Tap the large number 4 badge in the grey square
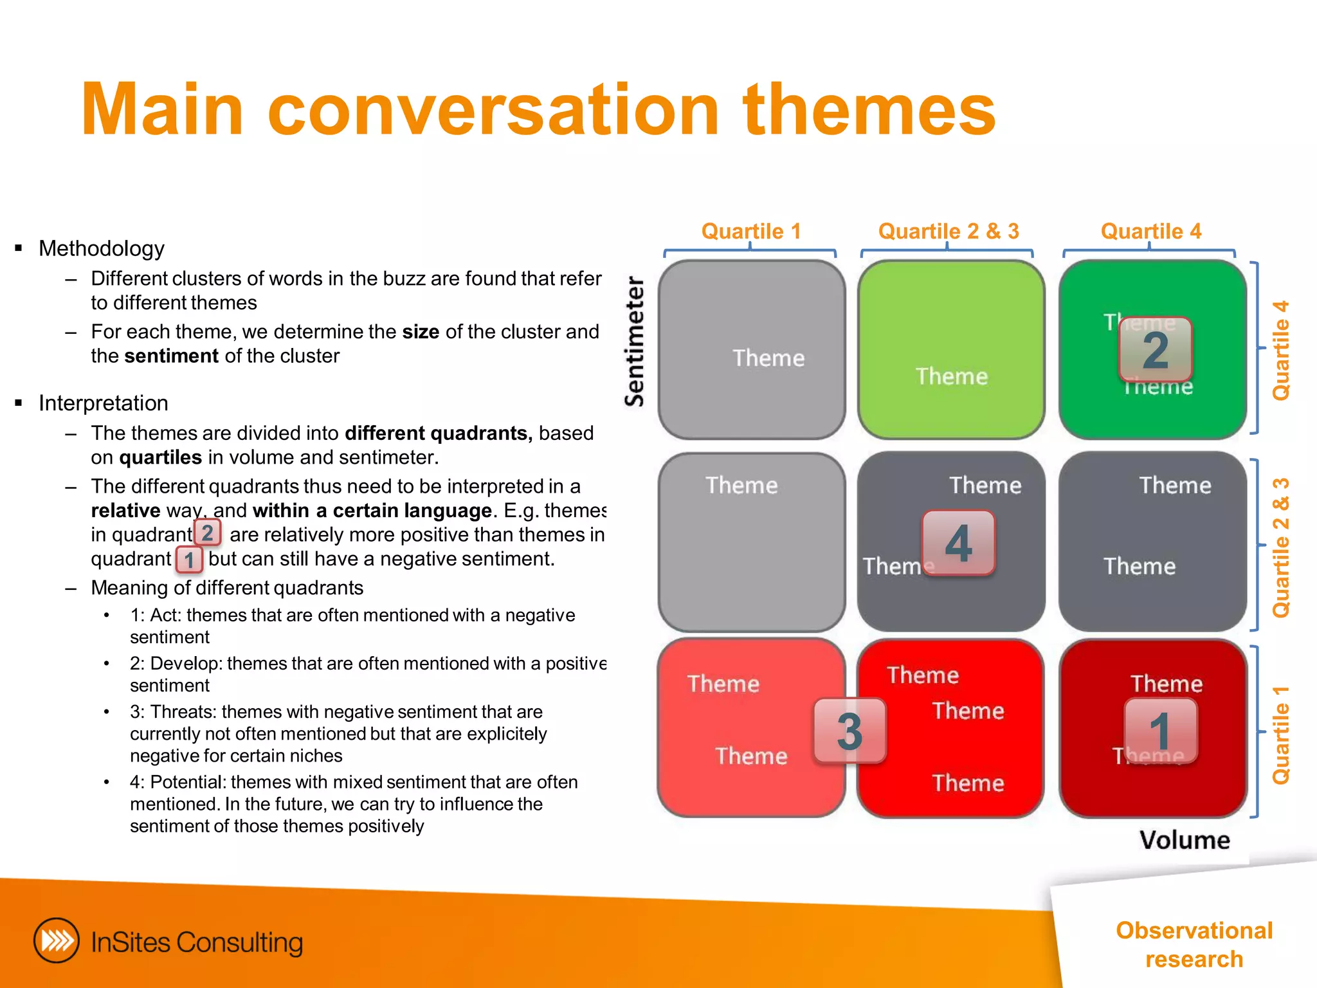pos(958,543)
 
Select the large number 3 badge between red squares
pos(849,731)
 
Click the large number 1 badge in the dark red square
pos(1160,731)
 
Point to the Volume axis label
pos(1185,840)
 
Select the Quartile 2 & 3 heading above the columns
pos(949,231)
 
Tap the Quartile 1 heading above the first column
pos(751,231)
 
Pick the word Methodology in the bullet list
pos(102,248)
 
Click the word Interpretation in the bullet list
pos(104,403)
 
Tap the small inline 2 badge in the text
pos(207,533)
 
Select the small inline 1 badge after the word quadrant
pos(189,559)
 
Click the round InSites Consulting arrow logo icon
pos(57,941)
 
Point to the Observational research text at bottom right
pos(1194,944)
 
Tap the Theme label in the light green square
pos(952,376)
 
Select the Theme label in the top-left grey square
pos(768,358)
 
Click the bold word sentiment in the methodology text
pos(172,356)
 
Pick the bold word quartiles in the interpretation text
pos(161,457)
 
